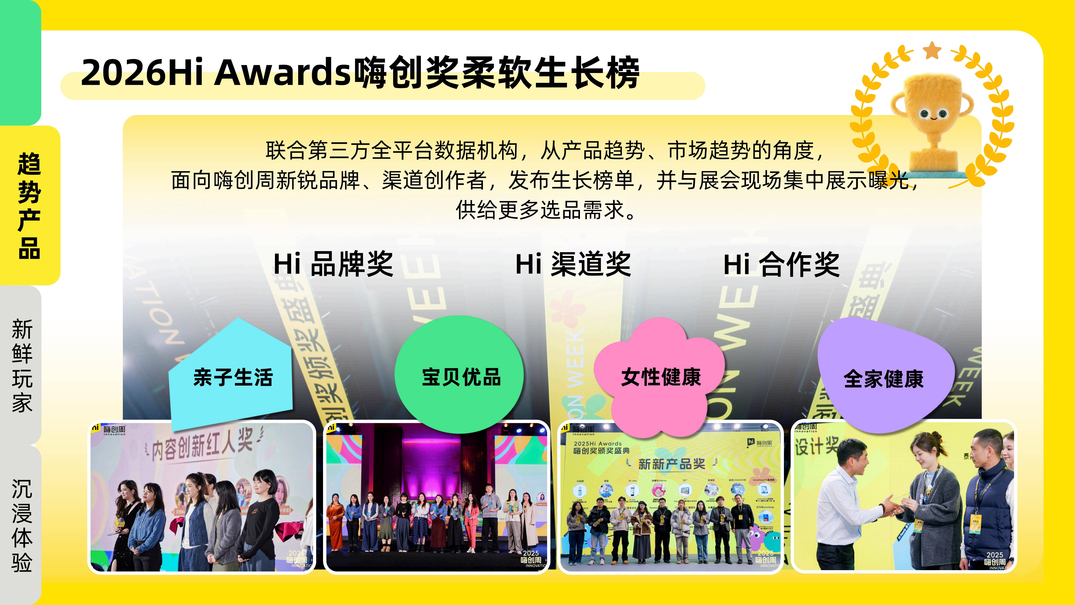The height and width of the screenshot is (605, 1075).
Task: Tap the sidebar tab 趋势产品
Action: point(29,205)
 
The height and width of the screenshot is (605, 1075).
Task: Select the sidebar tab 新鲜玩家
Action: point(22,366)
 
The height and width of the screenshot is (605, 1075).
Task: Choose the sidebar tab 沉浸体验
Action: point(22,525)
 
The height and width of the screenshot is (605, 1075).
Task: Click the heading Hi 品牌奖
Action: point(333,264)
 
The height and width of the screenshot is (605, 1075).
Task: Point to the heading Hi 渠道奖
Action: point(573,264)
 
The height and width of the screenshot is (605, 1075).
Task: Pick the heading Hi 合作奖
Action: point(781,264)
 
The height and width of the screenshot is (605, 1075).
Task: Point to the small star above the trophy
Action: point(932,51)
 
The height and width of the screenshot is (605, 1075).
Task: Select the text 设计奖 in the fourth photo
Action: point(816,446)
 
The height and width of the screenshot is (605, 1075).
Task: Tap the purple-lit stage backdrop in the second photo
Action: point(436,459)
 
